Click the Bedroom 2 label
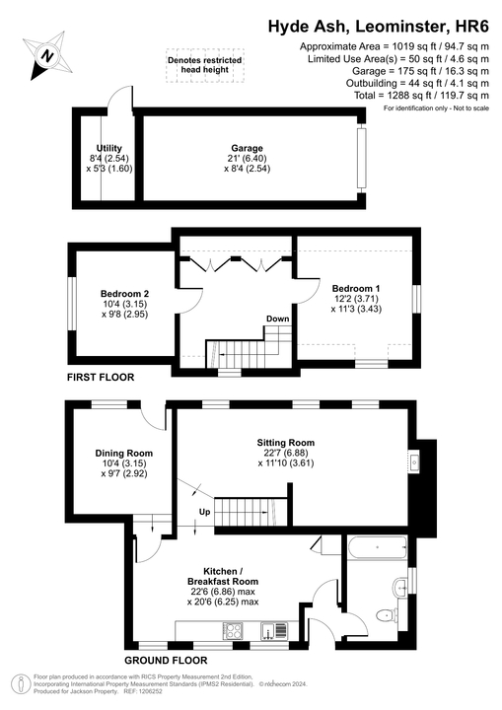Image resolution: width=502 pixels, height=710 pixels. pyautogui.click(x=124, y=293)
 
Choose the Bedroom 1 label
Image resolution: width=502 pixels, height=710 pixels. pyautogui.click(x=353, y=286)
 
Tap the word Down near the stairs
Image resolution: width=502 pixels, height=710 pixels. pyautogui.click(x=277, y=319)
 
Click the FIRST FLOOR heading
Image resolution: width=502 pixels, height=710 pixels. pyautogui.click(x=101, y=377)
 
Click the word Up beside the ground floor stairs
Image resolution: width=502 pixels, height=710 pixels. pyautogui.click(x=205, y=513)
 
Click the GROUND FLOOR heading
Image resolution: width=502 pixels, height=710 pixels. pyautogui.click(x=166, y=660)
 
